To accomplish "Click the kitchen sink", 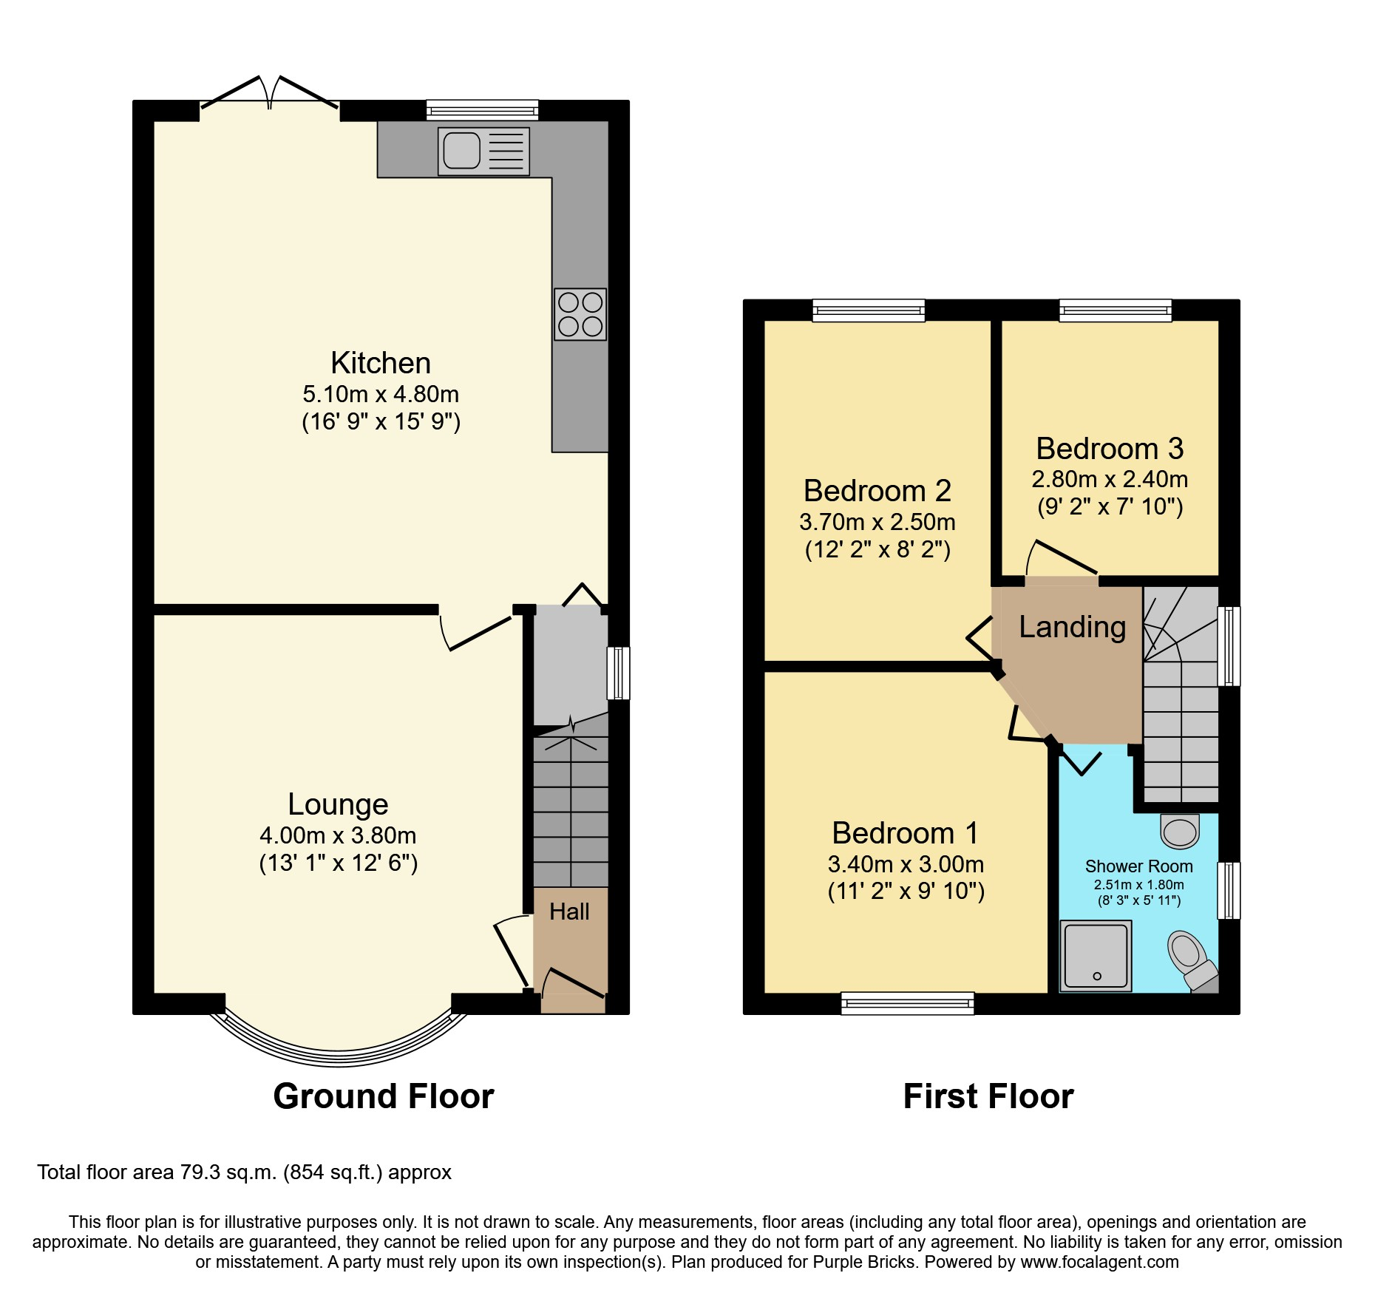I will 483,151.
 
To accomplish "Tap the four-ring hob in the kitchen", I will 580,314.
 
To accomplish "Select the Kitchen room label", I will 381,363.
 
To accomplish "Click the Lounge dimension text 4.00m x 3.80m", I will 338,835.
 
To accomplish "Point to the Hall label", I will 569,912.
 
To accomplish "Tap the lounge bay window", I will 338,1050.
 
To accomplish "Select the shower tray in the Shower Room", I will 1096,955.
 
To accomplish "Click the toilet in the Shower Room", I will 1189,959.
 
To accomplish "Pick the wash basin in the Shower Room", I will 1180,832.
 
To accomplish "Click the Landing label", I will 1072,627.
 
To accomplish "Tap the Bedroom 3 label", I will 1110,449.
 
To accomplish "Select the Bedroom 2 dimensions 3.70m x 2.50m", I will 877,522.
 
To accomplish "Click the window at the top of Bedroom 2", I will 869,310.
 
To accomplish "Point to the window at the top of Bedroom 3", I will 1115,310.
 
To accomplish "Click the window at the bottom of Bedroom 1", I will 907,1003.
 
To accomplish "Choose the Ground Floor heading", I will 383,1096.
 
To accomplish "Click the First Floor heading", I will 988,1096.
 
